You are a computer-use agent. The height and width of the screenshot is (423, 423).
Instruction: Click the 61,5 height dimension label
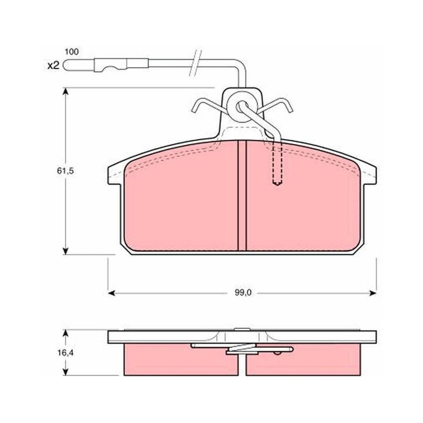click(x=65, y=171)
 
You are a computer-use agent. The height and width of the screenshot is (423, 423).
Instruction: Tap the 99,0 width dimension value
click(x=243, y=293)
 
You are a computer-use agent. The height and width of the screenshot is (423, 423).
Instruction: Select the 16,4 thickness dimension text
click(x=65, y=353)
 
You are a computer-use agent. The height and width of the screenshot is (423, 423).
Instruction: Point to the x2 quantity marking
click(x=53, y=65)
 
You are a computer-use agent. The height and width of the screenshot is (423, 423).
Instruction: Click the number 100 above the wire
click(x=72, y=51)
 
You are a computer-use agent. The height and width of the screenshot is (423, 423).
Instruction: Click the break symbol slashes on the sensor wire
click(x=195, y=62)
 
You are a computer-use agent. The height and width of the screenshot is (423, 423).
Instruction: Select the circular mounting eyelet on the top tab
click(x=242, y=107)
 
